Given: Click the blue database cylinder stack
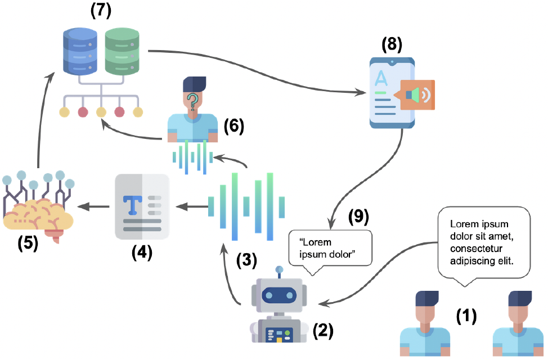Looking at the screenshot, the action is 80,51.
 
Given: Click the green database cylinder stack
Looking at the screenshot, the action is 122,51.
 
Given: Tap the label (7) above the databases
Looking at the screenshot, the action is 101,11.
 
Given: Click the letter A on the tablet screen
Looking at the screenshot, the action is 381,78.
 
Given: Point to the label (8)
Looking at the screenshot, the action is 392,44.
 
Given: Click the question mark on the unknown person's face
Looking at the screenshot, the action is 192,101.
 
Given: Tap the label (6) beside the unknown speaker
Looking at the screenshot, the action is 234,126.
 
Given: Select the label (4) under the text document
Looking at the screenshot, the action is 142,253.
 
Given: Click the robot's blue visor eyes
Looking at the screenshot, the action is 279,296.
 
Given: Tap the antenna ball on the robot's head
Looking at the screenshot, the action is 279,269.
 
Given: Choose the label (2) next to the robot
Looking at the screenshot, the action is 323,330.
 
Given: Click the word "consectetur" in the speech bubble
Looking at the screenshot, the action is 476,249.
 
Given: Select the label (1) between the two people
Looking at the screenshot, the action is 466,316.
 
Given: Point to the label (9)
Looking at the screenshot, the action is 358,217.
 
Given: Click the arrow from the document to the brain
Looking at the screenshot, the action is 93,207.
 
